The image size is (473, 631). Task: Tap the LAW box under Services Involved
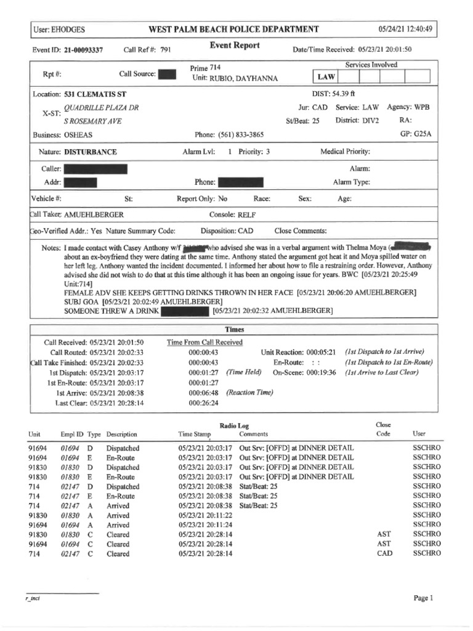click(x=325, y=78)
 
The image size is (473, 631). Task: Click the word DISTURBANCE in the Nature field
click(x=90, y=152)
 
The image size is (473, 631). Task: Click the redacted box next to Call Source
click(x=167, y=75)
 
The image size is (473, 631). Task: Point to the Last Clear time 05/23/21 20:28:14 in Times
click(x=108, y=402)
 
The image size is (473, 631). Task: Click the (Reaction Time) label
click(x=249, y=392)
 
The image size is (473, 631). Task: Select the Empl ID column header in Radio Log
click(x=72, y=434)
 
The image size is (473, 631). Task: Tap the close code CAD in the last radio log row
click(x=384, y=554)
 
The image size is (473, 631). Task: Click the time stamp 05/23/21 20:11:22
click(x=205, y=515)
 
